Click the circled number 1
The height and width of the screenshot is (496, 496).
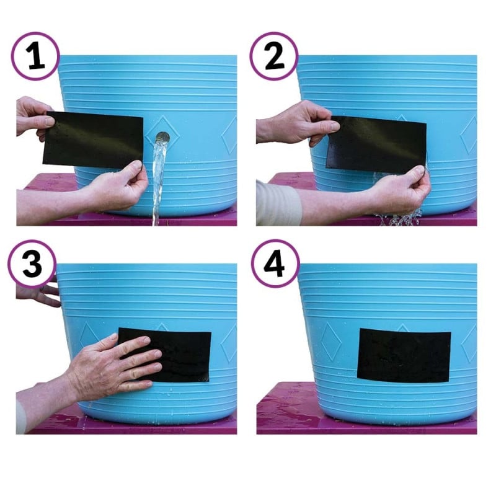tap(35, 56)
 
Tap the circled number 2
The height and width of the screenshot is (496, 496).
tap(274, 56)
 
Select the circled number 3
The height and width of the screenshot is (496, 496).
tap(32, 263)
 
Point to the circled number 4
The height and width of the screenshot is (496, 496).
tap(275, 263)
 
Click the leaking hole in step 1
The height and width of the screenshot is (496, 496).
tap(162, 138)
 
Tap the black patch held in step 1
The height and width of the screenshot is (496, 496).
tap(93, 140)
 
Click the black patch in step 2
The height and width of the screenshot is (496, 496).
tap(376, 145)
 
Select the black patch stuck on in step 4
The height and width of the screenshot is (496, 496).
tap(404, 355)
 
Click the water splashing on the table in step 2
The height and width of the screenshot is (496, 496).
tap(399, 218)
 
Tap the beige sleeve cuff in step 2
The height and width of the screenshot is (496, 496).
tap(278, 203)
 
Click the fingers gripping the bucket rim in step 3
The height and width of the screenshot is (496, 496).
tap(40, 293)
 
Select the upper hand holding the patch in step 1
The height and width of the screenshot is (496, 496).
tap(34, 118)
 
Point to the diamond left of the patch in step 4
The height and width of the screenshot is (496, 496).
tap(330, 342)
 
